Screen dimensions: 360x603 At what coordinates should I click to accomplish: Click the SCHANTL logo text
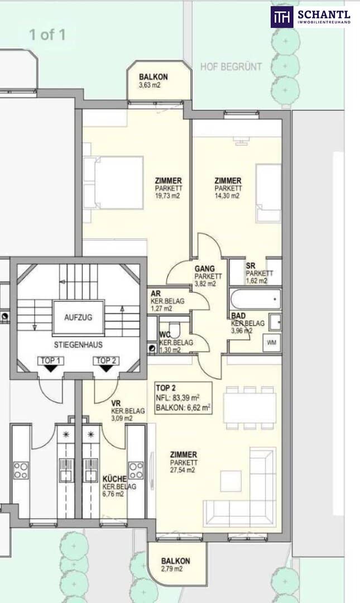[x=324, y=15]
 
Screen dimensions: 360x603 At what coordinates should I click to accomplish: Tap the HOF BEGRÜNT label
[x=231, y=67]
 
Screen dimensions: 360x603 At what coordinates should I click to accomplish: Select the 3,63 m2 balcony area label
[x=150, y=85]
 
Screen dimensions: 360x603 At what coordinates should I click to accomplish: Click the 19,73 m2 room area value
[x=167, y=196]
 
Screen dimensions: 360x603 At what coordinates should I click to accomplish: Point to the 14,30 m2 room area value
[x=227, y=196]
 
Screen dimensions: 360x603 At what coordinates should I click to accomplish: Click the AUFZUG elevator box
[x=78, y=318]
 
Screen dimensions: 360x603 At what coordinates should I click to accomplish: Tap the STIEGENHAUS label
[x=78, y=345]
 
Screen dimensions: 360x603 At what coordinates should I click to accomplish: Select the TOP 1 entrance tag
[x=50, y=361]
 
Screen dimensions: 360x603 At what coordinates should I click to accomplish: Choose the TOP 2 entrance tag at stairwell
[x=106, y=361]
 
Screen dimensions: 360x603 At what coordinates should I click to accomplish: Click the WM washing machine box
[x=272, y=342]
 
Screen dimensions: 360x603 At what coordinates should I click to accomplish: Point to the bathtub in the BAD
[x=255, y=299]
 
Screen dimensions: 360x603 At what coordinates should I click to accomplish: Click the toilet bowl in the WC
[x=175, y=329]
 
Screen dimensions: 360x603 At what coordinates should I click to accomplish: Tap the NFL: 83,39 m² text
[x=177, y=398]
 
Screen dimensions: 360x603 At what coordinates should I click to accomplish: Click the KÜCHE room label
[x=114, y=479]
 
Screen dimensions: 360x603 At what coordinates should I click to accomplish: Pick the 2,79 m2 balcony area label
[x=172, y=569]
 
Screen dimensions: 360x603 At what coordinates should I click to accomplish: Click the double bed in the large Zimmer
[x=113, y=183]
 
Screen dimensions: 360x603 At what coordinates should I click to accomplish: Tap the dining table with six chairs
[x=250, y=408]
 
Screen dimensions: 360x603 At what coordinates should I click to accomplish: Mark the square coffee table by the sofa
[x=231, y=481]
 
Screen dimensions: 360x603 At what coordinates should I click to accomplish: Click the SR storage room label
[x=251, y=266]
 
